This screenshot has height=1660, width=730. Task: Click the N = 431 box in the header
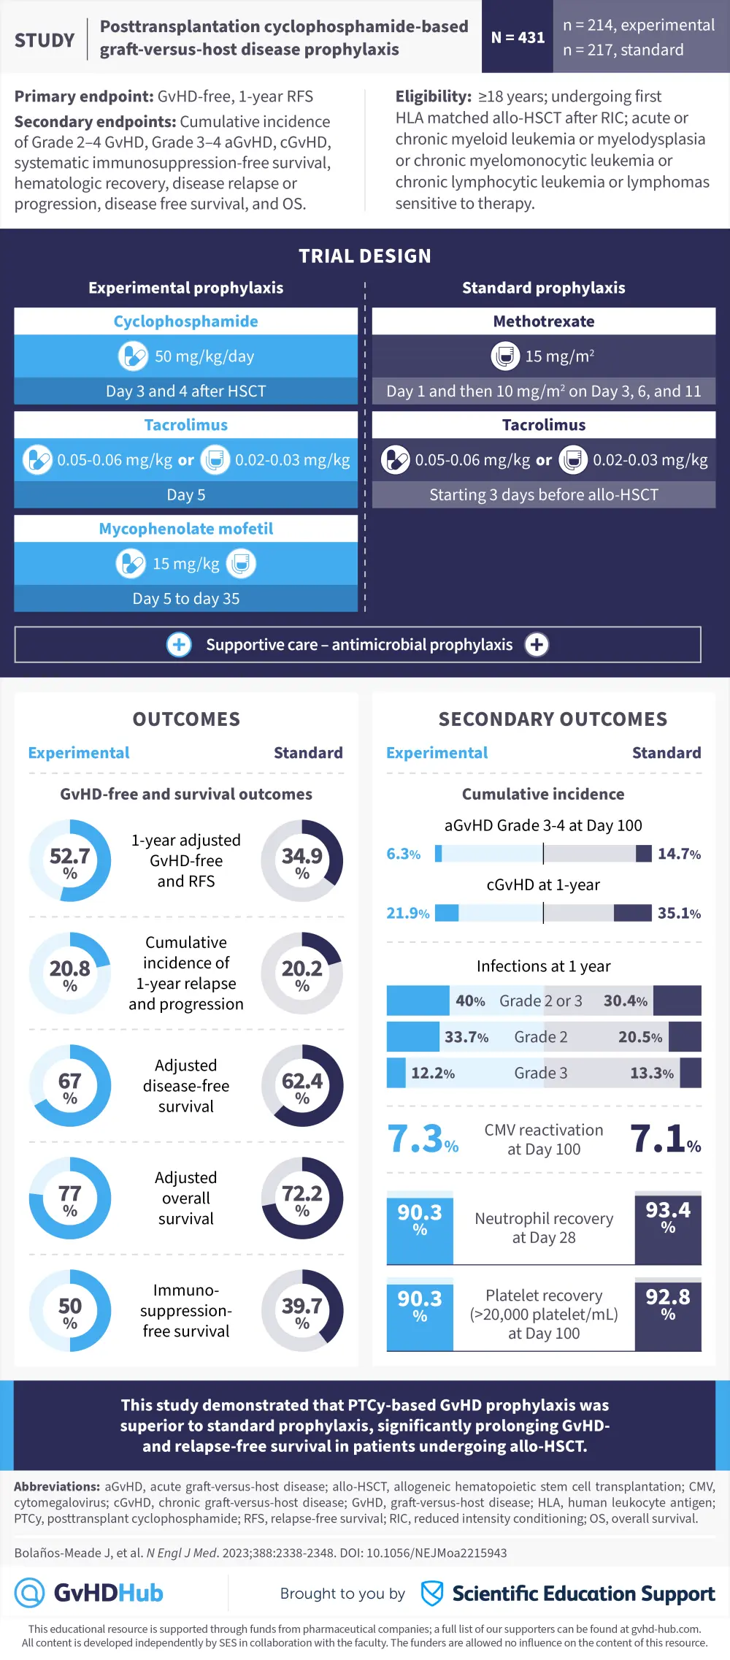click(x=518, y=37)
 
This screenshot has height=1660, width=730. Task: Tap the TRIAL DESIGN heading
click(x=365, y=256)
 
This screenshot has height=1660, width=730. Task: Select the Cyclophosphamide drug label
click(x=185, y=321)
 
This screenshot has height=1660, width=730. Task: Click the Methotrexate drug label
click(x=544, y=321)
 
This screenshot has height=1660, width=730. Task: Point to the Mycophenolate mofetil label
click(x=185, y=529)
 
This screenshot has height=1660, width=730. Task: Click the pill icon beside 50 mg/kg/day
click(x=133, y=356)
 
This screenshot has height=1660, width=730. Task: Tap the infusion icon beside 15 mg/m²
click(x=505, y=356)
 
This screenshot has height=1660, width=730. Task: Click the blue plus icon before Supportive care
click(x=179, y=645)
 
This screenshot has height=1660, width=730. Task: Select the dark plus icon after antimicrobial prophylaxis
click(x=537, y=645)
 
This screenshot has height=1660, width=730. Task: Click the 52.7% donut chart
click(x=70, y=860)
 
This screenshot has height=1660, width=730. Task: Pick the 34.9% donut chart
click(x=302, y=860)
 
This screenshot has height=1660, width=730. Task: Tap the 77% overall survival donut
click(x=70, y=1198)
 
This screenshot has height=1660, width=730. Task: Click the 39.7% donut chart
click(x=302, y=1310)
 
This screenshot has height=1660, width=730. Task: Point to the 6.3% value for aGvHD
click(x=403, y=854)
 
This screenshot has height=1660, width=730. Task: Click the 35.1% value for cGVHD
click(x=679, y=913)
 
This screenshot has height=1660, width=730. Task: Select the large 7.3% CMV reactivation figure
click(x=423, y=1139)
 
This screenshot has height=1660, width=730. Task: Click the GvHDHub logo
click(x=89, y=1593)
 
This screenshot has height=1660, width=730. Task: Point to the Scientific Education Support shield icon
click(x=432, y=1593)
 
